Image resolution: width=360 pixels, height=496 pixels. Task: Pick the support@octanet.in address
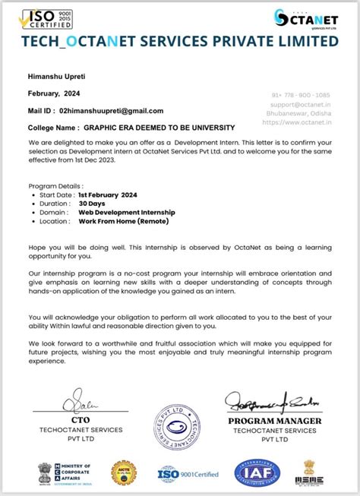point(303,104)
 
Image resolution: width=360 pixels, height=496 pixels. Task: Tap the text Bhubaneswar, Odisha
point(303,113)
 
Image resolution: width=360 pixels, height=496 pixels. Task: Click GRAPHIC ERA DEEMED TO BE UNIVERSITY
point(159,127)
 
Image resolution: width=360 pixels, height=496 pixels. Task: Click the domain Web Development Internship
point(127,213)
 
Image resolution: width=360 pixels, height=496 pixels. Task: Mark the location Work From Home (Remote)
point(123,222)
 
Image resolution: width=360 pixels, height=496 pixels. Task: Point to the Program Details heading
point(56,185)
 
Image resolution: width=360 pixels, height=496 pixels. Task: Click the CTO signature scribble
point(77,399)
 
